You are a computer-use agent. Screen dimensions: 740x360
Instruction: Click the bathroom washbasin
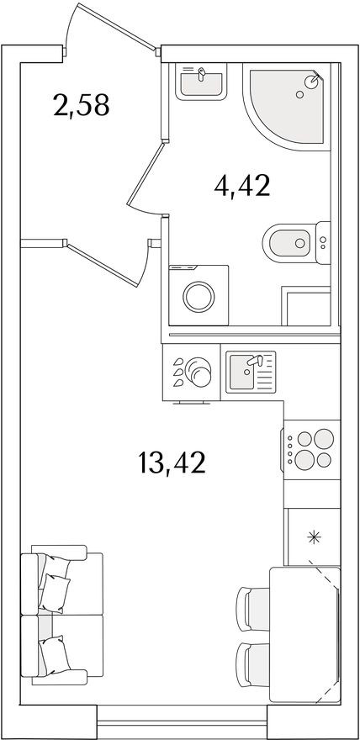(x=201, y=82)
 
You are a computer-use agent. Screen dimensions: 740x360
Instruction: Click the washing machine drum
(x=199, y=296)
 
